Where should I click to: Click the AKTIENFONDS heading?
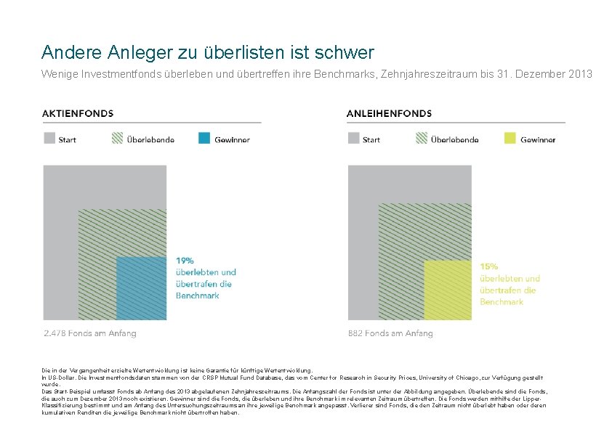click(77, 114)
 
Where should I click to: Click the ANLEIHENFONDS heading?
click(389, 114)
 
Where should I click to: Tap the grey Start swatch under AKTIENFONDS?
click(49, 138)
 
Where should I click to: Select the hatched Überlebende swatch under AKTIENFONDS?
click(117, 138)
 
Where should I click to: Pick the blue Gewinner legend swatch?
click(204, 138)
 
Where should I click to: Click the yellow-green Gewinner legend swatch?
click(510, 138)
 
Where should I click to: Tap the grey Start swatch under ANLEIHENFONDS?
click(353, 138)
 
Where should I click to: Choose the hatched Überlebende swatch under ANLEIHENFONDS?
click(422, 138)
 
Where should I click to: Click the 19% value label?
click(185, 261)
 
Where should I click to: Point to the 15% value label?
click(488, 266)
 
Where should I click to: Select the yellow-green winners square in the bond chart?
click(447, 290)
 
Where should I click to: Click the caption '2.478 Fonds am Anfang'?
click(89, 334)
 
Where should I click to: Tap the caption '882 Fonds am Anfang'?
click(390, 334)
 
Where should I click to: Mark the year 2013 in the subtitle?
click(579, 75)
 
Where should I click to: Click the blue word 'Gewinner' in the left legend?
click(232, 139)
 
